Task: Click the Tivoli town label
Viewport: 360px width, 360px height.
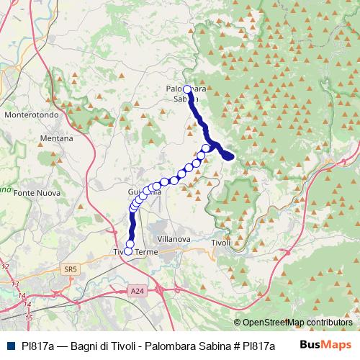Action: [x=221, y=243]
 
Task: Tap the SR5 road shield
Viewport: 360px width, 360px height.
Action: [x=70, y=269]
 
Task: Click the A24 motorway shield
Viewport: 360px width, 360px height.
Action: [x=138, y=290]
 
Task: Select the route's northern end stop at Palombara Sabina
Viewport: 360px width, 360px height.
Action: [x=186, y=89]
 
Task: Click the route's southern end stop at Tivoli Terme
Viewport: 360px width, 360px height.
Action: [x=129, y=251]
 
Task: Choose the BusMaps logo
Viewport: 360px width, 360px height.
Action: [x=325, y=345]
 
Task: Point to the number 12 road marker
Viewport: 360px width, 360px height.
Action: [x=5, y=266]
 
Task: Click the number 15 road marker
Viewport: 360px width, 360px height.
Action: [x=29, y=317]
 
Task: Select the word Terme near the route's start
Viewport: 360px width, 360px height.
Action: [x=146, y=252]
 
